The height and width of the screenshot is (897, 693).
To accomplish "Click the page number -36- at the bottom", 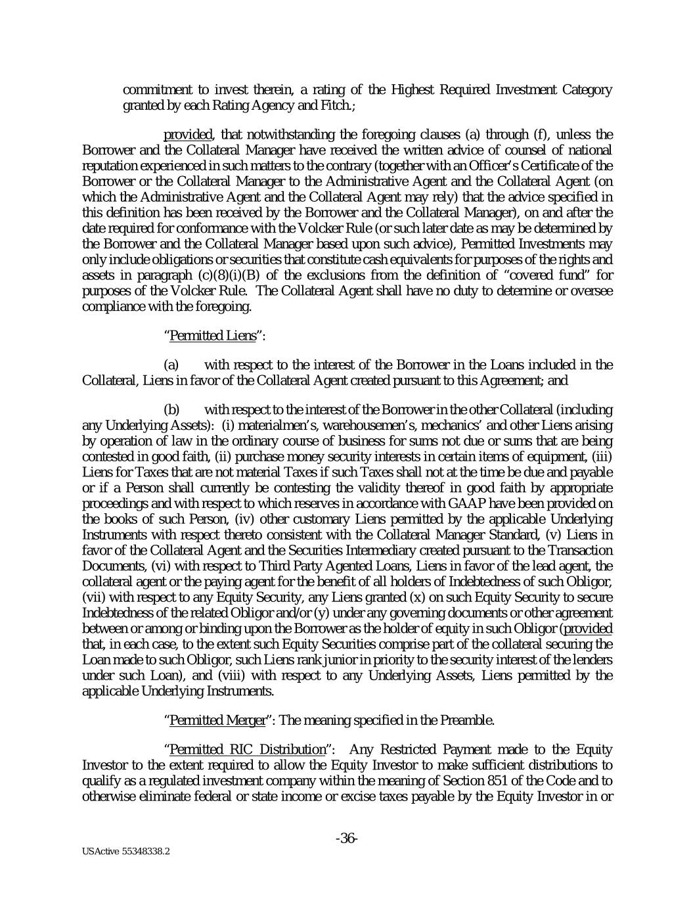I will point(346,839).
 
